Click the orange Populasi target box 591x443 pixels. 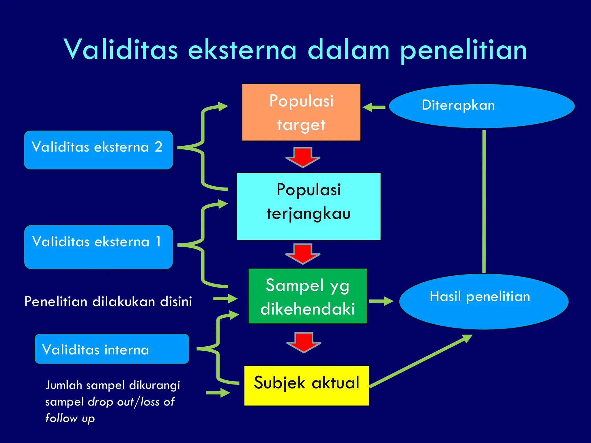point(301,112)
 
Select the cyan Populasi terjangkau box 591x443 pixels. point(308,206)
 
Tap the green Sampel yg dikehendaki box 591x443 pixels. point(308,296)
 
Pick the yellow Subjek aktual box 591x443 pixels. point(306,386)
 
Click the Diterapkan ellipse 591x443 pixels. point(482,106)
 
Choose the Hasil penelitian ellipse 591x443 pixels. point(484,301)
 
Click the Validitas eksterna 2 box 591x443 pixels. point(98,150)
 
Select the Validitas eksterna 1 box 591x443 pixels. point(98,247)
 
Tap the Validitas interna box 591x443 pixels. point(112,349)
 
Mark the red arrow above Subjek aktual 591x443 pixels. point(304,342)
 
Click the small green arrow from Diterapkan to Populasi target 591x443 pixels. point(374,107)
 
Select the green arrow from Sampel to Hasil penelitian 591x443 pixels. point(381,301)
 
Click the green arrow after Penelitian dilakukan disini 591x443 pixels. point(225,299)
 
